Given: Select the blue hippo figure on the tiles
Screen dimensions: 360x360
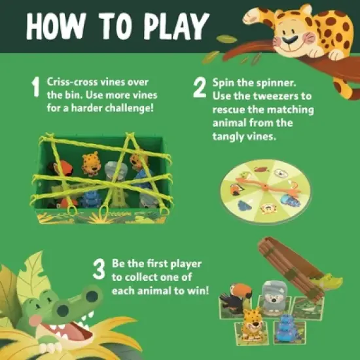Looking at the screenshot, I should pos(286,327).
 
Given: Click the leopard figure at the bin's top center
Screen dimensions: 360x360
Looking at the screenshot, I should pos(92,164).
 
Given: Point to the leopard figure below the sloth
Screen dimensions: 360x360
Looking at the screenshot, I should pos(253,322).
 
